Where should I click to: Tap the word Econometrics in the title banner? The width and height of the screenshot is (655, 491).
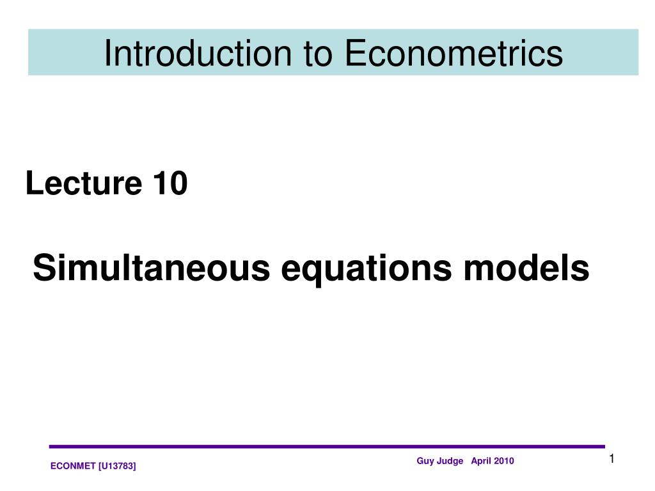454,53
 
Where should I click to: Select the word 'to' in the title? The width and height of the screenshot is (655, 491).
318,53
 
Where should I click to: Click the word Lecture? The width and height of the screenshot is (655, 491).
84,184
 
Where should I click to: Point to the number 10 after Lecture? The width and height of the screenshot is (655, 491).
170,184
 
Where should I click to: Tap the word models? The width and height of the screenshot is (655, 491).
526,268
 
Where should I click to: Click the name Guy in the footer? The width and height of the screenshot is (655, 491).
425,461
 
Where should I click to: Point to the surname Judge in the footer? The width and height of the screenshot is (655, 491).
450,461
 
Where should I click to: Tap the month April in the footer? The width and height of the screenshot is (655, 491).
481,461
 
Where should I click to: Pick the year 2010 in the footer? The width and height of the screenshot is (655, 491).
503,461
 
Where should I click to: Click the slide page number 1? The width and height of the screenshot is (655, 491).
612,458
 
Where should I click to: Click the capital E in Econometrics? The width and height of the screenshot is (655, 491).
354,53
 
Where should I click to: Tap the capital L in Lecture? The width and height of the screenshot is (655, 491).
32,184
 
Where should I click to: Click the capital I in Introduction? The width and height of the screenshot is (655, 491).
107,53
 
